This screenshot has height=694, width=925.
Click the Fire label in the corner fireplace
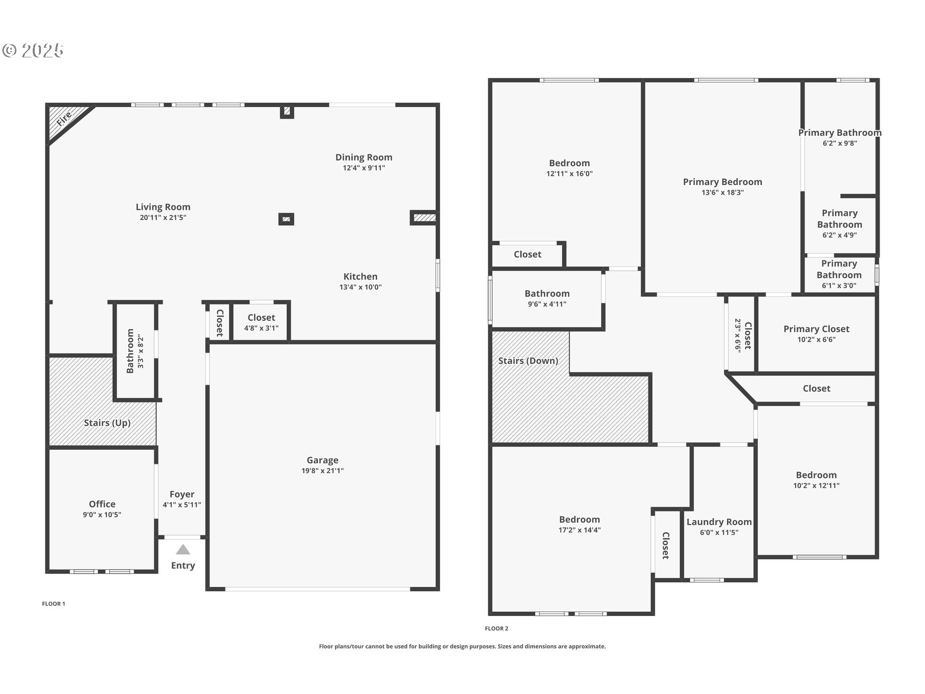(x=64, y=119)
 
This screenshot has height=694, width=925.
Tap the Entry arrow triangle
(x=183, y=550)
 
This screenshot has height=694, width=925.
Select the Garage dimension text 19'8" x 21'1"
(x=322, y=471)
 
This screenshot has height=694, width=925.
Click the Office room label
(x=102, y=504)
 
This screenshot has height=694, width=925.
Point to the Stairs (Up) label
(x=107, y=423)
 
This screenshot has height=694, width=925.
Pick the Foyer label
(x=182, y=494)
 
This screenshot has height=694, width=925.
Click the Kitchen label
(x=360, y=276)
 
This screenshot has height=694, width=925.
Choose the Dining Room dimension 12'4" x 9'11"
(x=364, y=168)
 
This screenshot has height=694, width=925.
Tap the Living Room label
(x=163, y=207)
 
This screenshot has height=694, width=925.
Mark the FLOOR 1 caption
(x=53, y=603)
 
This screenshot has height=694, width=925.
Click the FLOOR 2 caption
(x=496, y=628)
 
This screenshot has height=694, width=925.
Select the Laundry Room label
(x=719, y=522)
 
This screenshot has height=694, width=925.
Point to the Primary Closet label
(x=816, y=329)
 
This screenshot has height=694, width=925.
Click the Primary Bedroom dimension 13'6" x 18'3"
(x=722, y=192)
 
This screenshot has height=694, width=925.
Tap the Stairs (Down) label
(x=528, y=360)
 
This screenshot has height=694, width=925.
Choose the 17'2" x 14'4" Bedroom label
(x=580, y=520)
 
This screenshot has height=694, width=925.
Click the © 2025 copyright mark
(x=33, y=50)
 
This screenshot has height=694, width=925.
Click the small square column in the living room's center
(x=286, y=219)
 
